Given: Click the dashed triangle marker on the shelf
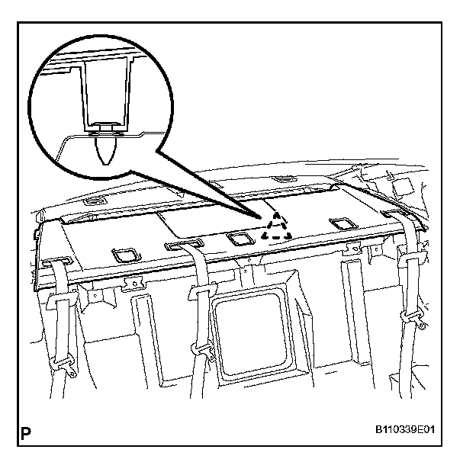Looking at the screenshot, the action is click(x=275, y=227).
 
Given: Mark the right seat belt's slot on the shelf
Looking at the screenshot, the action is click(x=398, y=216).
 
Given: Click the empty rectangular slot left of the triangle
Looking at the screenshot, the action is click(x=239, y=239).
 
